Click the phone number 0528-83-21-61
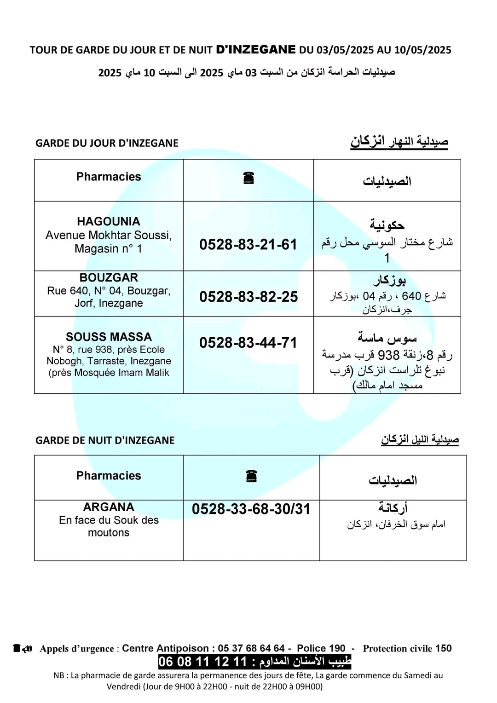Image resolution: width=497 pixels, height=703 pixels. pyautogui.click(x=248, y=244)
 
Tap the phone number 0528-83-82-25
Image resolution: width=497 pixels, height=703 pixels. pyautogui.click(x=248, y=297)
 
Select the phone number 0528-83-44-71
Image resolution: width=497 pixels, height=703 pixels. pyautogui.click(x=248, y=343)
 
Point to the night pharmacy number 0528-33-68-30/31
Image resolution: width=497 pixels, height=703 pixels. pyautogui.click(x=251, y=509)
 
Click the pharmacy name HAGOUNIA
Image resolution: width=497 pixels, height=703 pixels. pyautogui.click(x=109, y=221)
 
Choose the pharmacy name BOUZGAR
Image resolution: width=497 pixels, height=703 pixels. pyautogui.click(x=109, y=277)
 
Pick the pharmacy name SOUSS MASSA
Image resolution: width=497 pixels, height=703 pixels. pyautogui.click(x=109, y=337)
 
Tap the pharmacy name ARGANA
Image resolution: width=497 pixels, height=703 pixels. pyautogui.click(x=109, y=507)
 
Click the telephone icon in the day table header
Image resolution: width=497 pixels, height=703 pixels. pyautogui.click(x=248, y=178)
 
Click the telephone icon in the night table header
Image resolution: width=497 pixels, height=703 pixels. pyautogui.click(x=251, y=476)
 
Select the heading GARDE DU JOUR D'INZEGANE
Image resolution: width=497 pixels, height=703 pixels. pyautogui.click(x=107, y=143)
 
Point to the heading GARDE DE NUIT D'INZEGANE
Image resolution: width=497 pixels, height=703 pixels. pyautogui.click(x=105, y=440)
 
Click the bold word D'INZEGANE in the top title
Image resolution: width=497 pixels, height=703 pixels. pyautogui.click(x=256, y=50)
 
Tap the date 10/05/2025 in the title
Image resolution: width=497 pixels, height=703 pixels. pyautogui.click(x=422, y=50)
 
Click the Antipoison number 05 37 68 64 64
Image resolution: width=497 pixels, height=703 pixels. pyautogui.click(x=251, y=648)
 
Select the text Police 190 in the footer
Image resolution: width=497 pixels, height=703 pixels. pyautogui.click(x=321, y=648)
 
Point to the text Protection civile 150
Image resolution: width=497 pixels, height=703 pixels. pyautogui.click(x=407, y=648)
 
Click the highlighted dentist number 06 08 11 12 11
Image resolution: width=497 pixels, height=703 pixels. pyautogui.click(x=202, y=662)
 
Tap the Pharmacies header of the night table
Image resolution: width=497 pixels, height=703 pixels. pyautogui.click(x=109, y=476)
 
